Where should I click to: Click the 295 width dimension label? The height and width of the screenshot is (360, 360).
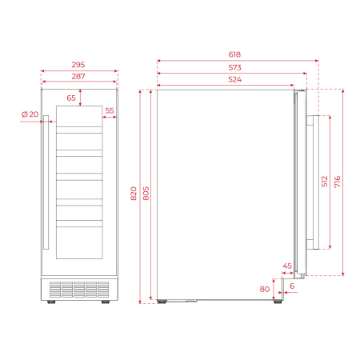[78, 63]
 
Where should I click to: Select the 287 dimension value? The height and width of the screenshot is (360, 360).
[78, 76]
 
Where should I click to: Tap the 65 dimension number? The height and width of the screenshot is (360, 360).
[72, 98]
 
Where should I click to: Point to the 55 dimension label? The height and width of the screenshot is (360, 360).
[110, 111]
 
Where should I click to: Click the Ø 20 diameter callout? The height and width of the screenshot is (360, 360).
[30, 114]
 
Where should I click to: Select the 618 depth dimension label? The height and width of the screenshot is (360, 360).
[234, 54]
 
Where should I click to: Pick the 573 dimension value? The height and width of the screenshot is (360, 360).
[234, 68]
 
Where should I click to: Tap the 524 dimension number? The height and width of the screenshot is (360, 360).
[234, 80]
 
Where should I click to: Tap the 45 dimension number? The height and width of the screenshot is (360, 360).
[287, 266]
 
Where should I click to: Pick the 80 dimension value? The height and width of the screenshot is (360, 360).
[265, 289]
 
